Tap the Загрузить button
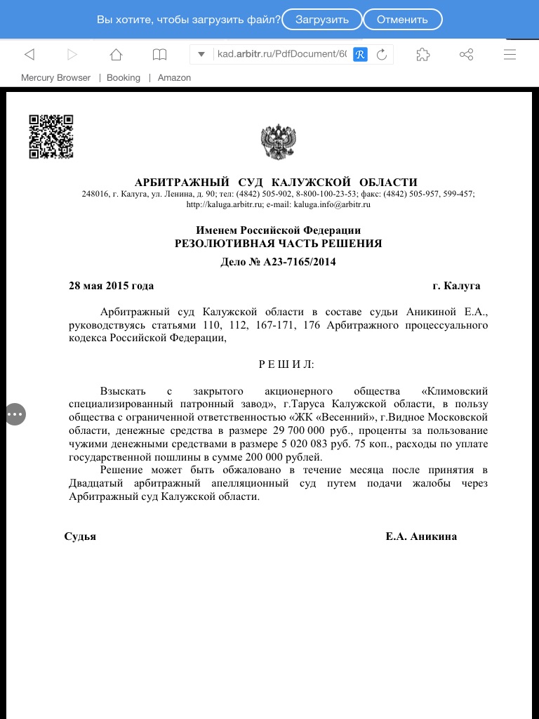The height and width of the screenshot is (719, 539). [321, 19]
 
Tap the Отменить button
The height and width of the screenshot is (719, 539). [402, 19]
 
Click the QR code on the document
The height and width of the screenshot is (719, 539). [51, 136]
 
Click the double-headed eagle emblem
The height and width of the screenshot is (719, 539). [278, 142]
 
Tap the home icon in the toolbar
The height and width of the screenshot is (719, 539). [116, 55]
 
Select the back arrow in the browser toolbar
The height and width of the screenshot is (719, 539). [29, 55]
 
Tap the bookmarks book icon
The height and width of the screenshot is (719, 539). [160, 55]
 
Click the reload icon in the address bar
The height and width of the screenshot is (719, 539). [382, 55]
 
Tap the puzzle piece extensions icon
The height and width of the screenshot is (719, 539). [422, 55]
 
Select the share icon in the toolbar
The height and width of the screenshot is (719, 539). [466, 55]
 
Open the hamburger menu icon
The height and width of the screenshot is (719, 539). [510, 55]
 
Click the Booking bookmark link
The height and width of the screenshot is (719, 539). [124, 78]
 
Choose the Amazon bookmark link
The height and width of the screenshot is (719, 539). [174, 78]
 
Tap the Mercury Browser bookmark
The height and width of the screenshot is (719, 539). [55, 78]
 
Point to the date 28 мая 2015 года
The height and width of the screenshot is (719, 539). [111, 286]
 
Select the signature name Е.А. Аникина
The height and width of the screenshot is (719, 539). [421, 536]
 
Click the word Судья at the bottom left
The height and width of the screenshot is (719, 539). [80, 536]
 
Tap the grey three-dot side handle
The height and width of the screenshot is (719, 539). [15, 414]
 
